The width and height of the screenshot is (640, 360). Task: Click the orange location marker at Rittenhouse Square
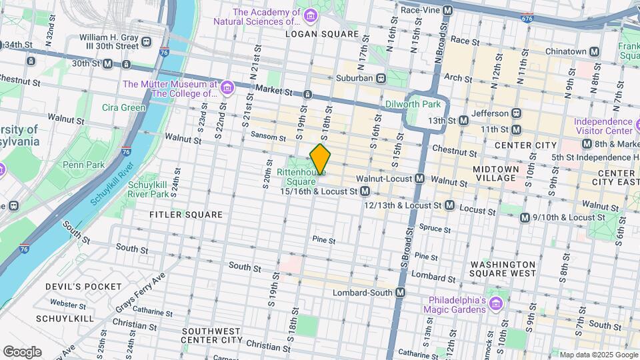point(320,159)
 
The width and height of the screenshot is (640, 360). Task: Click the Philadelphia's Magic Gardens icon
point(495,305)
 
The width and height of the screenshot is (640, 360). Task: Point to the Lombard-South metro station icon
point(401,293)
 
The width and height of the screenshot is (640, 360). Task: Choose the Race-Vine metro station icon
point(447,11)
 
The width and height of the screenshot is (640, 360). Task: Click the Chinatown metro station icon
point(595,51)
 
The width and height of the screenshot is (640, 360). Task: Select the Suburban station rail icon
point(381,78)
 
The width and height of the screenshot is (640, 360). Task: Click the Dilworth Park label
point(413,105)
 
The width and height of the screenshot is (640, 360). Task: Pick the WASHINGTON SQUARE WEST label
point(503,269)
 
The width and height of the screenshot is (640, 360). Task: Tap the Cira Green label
point(123,107)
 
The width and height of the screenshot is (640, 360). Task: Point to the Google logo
point(22,351)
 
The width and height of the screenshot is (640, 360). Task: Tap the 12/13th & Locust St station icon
point(449,205)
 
